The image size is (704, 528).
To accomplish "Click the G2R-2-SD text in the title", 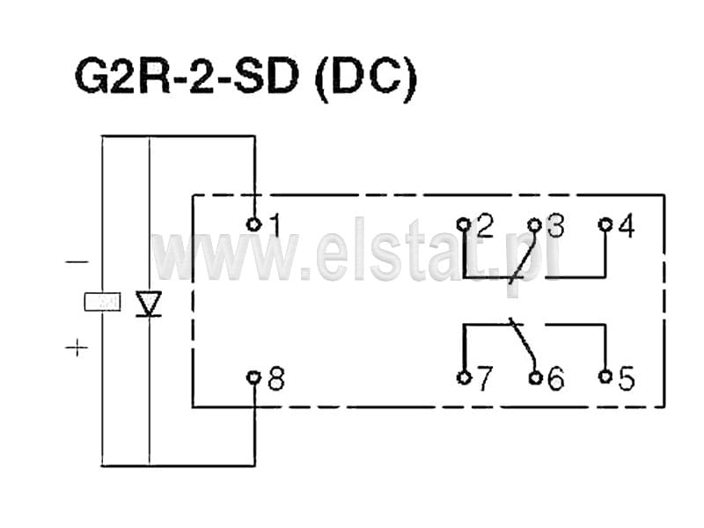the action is (187, 77).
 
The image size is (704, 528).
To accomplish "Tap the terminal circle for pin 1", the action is (253, 224).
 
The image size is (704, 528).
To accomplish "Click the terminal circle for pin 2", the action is (464, 224).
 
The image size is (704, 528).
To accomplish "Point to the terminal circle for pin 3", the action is (534, 224).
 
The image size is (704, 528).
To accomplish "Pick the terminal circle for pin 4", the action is (605, 224).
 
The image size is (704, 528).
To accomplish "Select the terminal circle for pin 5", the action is (605, 377).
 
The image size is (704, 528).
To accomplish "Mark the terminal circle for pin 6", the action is (535, 378).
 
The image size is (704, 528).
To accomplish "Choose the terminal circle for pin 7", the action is (464, 378).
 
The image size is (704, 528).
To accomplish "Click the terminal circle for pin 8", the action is (253, 378).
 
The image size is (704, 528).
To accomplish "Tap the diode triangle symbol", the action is (149, 304).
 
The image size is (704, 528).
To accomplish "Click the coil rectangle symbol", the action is (102, 302).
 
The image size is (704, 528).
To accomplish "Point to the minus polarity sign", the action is (77, 261).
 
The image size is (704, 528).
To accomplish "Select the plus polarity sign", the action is (77, 347).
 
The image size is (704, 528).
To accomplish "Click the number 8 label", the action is (276, 378).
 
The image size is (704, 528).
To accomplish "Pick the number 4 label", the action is (627, 226).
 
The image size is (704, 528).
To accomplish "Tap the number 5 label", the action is (627, 378).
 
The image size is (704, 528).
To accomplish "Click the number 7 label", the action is (484, 378).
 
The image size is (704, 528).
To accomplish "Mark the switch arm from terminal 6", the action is (522, 344).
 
